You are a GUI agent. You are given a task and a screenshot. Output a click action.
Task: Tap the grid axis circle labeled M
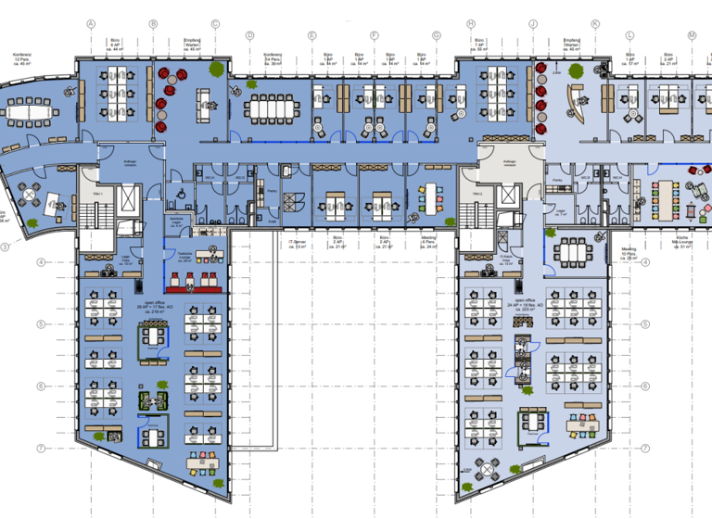click(x=692, y=35)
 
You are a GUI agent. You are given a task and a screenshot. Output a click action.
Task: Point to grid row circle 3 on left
click(x=5, y=247)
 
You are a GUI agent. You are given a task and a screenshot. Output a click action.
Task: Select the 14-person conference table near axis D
click(x=273, y=108)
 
